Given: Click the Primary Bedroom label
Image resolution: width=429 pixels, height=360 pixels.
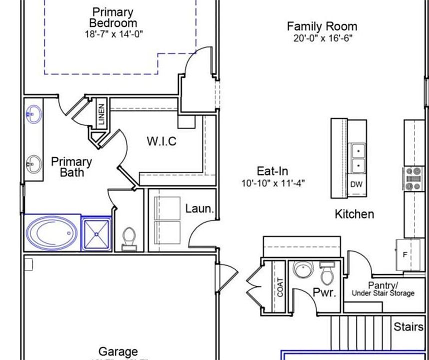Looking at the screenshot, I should click(113, 17).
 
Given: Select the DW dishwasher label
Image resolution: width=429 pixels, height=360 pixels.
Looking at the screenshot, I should click(356, 184).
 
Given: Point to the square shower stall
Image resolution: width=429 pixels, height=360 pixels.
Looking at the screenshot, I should click(96, 233).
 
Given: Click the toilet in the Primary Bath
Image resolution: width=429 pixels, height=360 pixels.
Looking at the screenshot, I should click(129, 238).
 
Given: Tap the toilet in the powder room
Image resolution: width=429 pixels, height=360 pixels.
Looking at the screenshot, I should click(327, 272).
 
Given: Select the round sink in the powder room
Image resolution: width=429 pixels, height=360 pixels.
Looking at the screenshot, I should click(302, 270).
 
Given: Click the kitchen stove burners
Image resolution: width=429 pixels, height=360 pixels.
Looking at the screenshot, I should click(413, 179).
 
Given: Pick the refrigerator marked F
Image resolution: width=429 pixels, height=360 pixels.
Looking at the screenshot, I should click(405, 254).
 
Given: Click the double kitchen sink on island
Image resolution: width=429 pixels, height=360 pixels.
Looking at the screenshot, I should click(358, 157).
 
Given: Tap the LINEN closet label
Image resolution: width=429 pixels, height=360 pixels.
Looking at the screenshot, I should click(101, 114).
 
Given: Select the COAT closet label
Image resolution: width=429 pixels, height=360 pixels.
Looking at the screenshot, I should click(280, 287).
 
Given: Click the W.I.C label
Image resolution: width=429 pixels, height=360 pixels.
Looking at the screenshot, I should click(161, 141).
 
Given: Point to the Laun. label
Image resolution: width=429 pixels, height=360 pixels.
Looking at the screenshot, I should click(199, 208).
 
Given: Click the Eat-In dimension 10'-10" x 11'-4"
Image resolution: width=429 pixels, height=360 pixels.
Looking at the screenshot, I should click(272, 183).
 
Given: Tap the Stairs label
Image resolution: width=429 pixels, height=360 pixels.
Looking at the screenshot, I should click(408, 327).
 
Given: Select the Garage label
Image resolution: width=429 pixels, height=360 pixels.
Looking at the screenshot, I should click(118, 352).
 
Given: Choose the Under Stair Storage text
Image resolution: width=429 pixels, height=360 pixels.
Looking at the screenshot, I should click(383, 293).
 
